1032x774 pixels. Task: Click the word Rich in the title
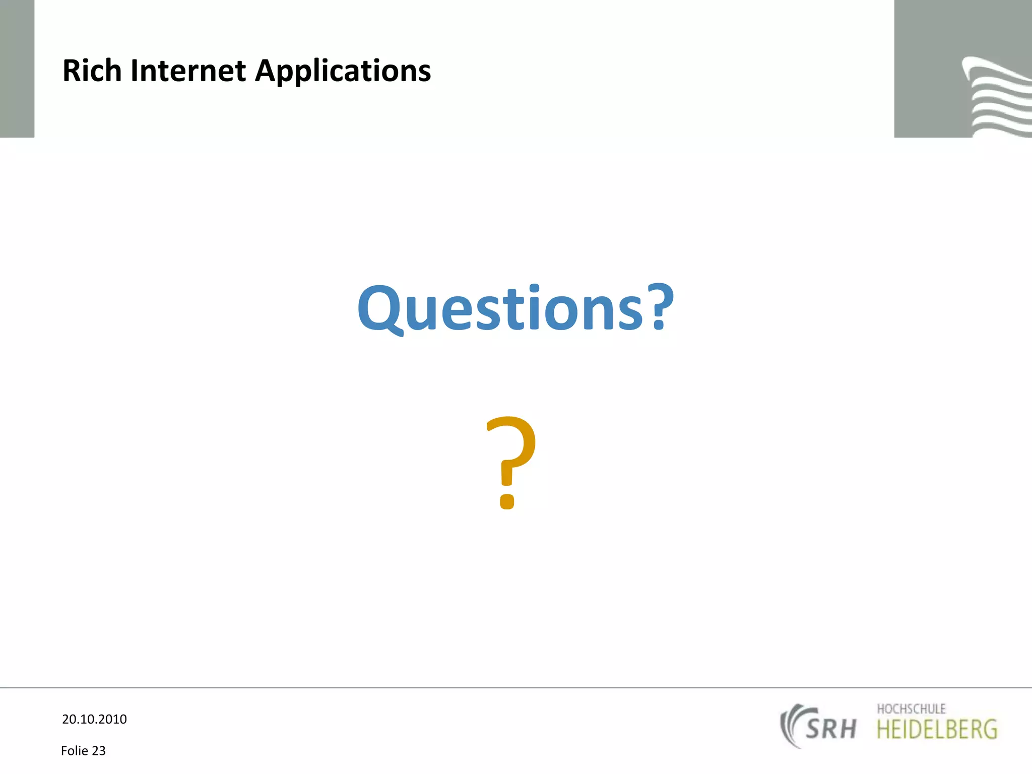click(92, 71)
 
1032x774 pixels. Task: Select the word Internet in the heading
click(188, 71)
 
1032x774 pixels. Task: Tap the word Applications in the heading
click(343, 72)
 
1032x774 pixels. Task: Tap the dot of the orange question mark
click(507, 501)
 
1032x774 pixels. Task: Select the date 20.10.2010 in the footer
click(94, 719)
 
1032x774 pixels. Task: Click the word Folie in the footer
click(75, 751)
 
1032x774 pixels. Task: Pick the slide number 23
click(99, 751)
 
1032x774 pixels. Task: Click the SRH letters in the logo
click(830, 729)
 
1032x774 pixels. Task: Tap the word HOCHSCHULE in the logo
click(911, 709)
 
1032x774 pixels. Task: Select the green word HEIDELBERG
click(937, 730)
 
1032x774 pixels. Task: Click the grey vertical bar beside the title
click(17, 69)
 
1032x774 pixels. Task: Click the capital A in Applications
click(267, 71)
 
